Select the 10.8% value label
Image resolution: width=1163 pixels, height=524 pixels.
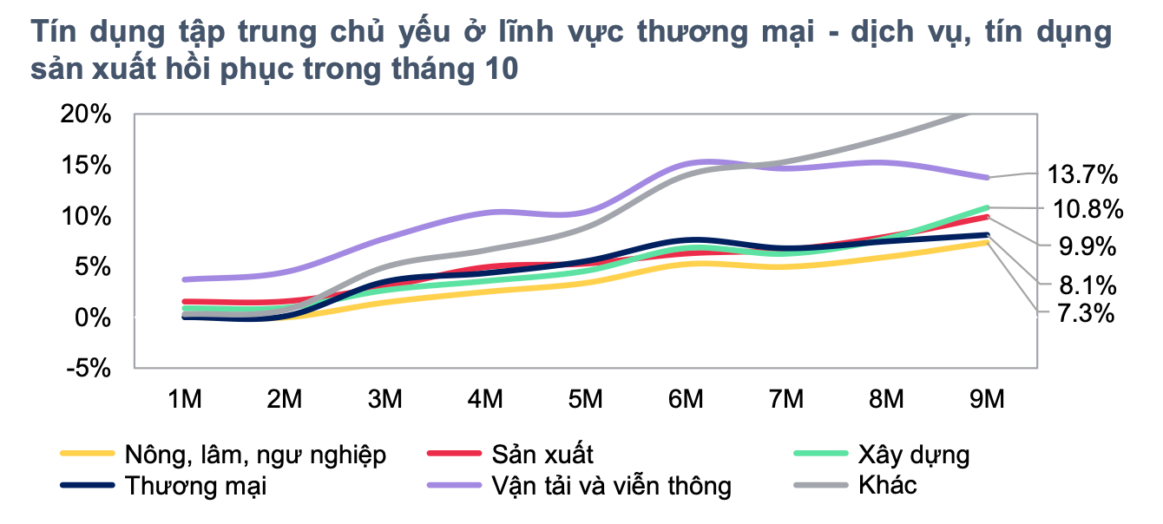(x=1087, y=209)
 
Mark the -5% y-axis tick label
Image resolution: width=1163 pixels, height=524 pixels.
(x=89, y=368)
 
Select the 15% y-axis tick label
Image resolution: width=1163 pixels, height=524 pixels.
(x=85, y=165)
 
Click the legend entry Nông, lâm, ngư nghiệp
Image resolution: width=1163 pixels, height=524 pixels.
(x=254, y=455)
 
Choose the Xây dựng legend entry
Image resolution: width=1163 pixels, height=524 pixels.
(x=913, y=455)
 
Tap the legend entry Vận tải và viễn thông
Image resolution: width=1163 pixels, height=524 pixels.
(x=611, y=485)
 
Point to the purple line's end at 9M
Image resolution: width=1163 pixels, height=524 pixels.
(x=987, y=178)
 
